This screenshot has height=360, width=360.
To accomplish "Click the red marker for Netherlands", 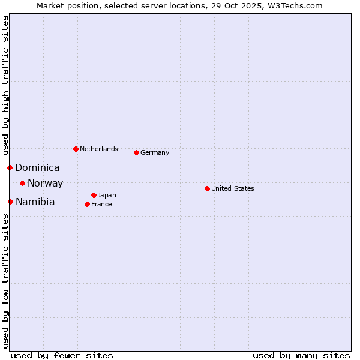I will (76, 149).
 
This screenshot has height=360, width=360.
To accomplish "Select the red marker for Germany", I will (136, 152).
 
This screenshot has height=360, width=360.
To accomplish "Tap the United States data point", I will (207, 188).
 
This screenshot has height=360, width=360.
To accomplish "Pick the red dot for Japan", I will (94, 195).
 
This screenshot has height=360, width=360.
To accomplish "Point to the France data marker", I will (87, 204).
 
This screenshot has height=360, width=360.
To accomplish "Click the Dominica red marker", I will (10, 167).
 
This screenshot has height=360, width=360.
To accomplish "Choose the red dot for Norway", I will (22, 183).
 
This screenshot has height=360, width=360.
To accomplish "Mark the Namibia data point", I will (10, 202).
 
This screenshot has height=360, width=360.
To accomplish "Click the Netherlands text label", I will (99, 149).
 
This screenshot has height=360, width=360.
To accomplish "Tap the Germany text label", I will (155, 152).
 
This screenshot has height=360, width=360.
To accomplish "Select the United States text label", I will (233, 188).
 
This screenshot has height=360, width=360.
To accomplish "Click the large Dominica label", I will (37, 168).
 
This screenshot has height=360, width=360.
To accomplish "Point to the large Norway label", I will (45, 184).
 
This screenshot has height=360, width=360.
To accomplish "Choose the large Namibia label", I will (35, 202).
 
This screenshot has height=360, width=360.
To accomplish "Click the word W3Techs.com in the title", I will (293, 6).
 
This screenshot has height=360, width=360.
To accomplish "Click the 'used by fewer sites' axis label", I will (62, 355).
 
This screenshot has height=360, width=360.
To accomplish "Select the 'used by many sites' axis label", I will (301, 355).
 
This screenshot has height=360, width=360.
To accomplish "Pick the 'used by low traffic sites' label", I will (6, 281).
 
